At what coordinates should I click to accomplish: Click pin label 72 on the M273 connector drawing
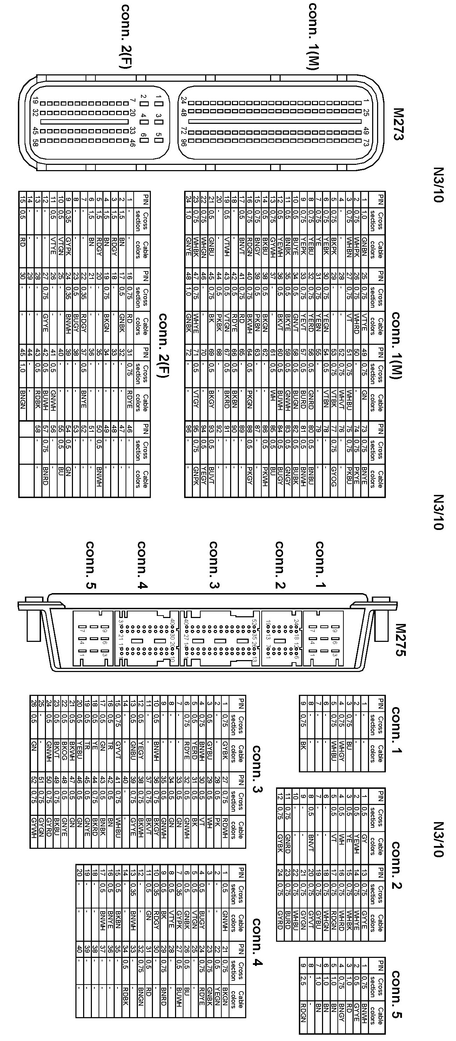183,131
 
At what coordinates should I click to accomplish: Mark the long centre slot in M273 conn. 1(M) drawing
275,121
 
